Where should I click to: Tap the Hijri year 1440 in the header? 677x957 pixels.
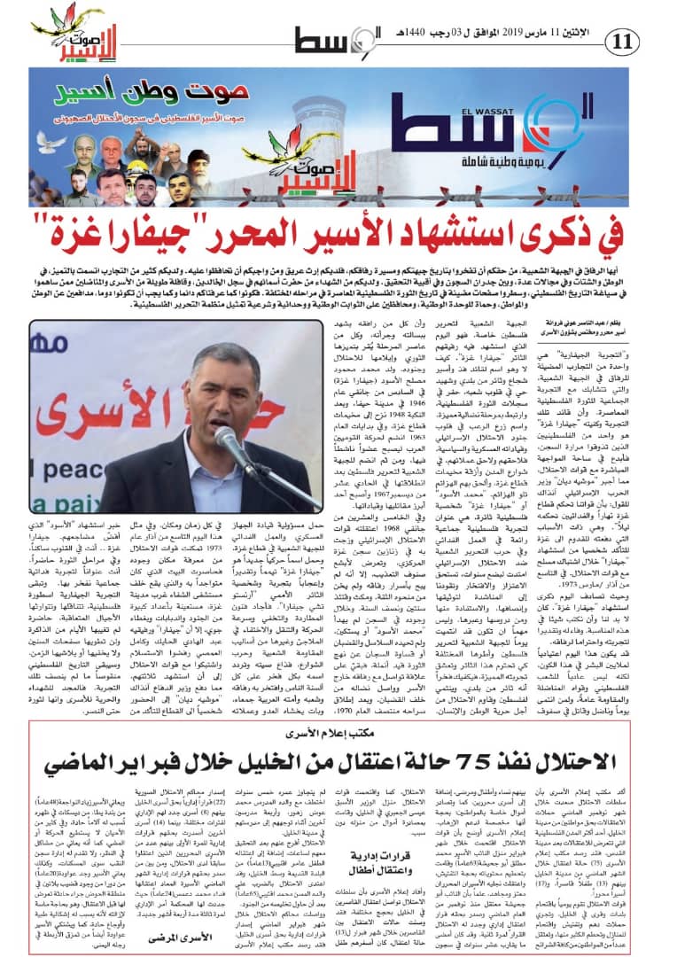415,34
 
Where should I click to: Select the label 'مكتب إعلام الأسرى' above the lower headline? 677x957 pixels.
337,734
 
